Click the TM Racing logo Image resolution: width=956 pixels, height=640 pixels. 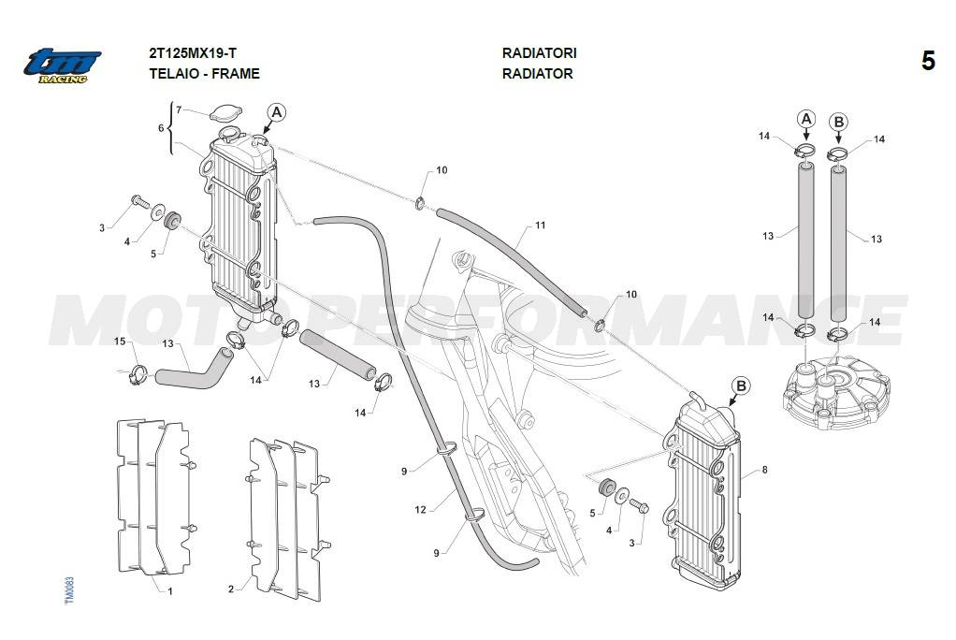[x=62, y=65]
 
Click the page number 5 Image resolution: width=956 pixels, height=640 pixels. [x=927, y=62]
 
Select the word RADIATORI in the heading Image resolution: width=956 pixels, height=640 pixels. [x=539, y=54]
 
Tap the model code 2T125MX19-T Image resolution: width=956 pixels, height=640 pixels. [x=192, y=54]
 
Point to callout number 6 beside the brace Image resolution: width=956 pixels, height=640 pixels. [x=161, y=128]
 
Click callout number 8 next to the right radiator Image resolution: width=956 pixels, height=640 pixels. [x=764, y=470]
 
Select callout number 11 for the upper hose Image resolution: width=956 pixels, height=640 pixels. [x=540, y=225]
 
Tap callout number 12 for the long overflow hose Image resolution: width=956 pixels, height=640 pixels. [x=421, y=510]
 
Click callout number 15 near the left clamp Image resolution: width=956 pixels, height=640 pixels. [x=120, y=342]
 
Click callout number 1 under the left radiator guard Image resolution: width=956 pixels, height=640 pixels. [x=169, y=591]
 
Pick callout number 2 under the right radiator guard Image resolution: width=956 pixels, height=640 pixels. [x=231, y=589]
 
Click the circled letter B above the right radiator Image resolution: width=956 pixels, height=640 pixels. [x=741, y=385]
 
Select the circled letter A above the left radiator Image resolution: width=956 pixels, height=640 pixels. [x=276, y=113]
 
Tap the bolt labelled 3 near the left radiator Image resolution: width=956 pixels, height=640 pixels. [x=138, y=200]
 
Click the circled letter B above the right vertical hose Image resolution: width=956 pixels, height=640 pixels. [x=838, y=122]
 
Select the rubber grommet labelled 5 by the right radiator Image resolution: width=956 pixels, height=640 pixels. [x=604, y=487]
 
